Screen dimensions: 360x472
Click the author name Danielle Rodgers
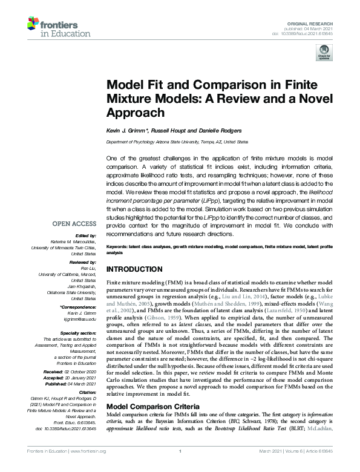[224, 131]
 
